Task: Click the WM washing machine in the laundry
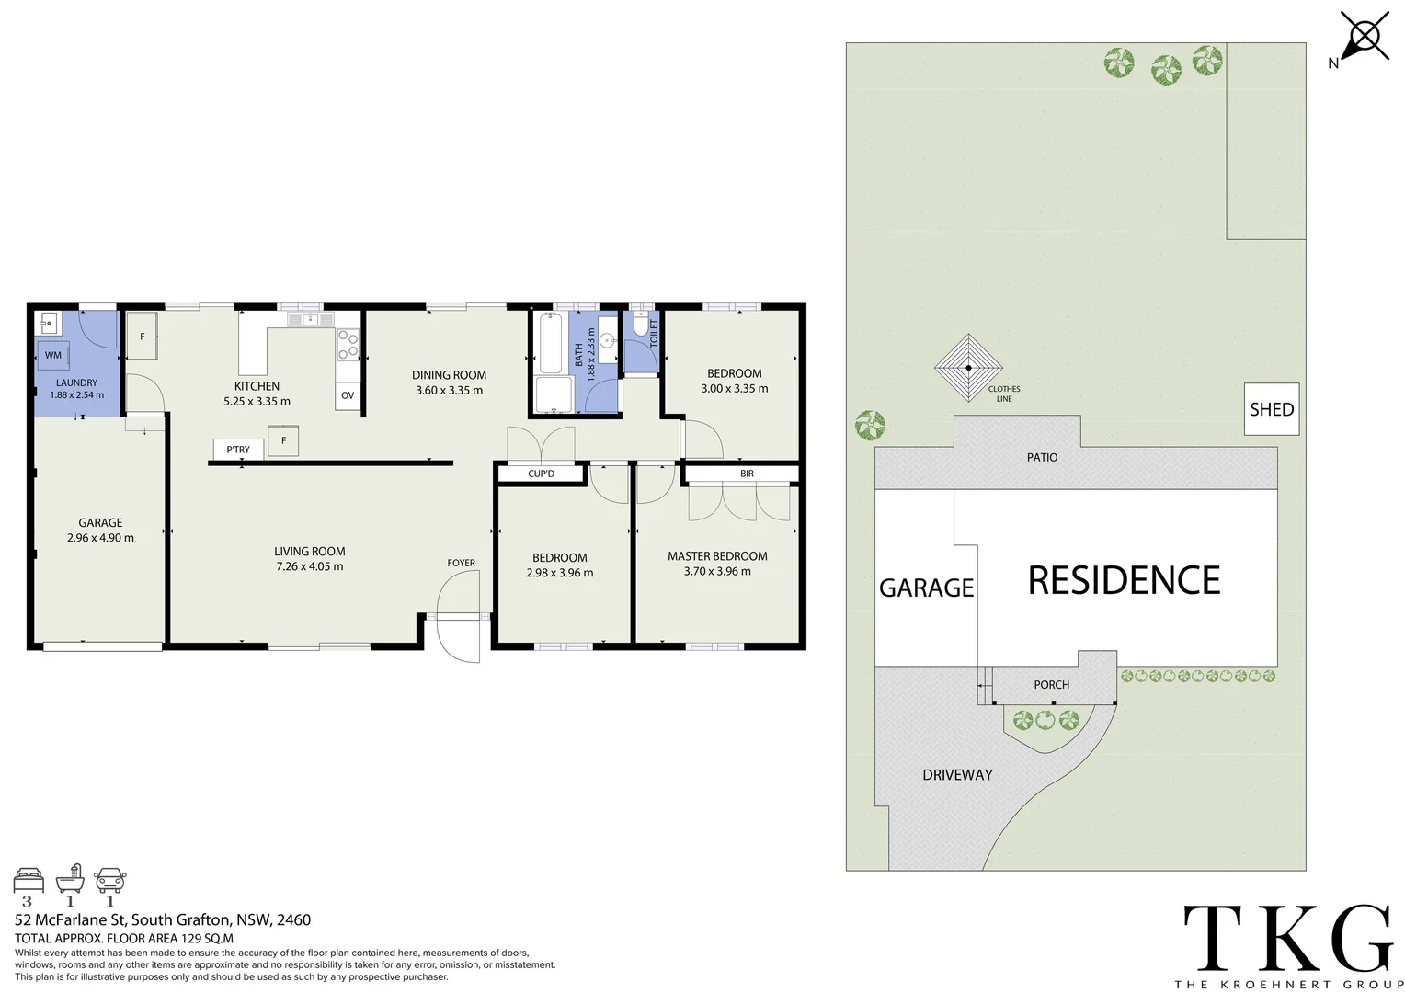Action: [x=53, y=355]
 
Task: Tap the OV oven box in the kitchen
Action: [x=348, y=396]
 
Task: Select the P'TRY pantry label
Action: [x=238, y=450]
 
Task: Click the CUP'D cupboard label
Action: [x=541, y=474]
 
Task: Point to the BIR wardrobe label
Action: [x=747, y=474]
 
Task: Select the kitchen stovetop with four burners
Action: [x=348, y=345]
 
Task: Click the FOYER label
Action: [x=462, y=563]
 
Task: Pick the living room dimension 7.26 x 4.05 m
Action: [x=310, y=566]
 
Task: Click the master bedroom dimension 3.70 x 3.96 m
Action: [x=717, y=571]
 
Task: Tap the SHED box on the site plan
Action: [x=1272, y=409]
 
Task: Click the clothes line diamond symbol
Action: [x=968, y=368]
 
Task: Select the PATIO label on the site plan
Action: [x=1042, y=457]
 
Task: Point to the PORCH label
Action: [x=1051, y=685]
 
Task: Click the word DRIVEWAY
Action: [x=957, y=775]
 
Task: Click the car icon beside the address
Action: [x=110, y=880]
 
